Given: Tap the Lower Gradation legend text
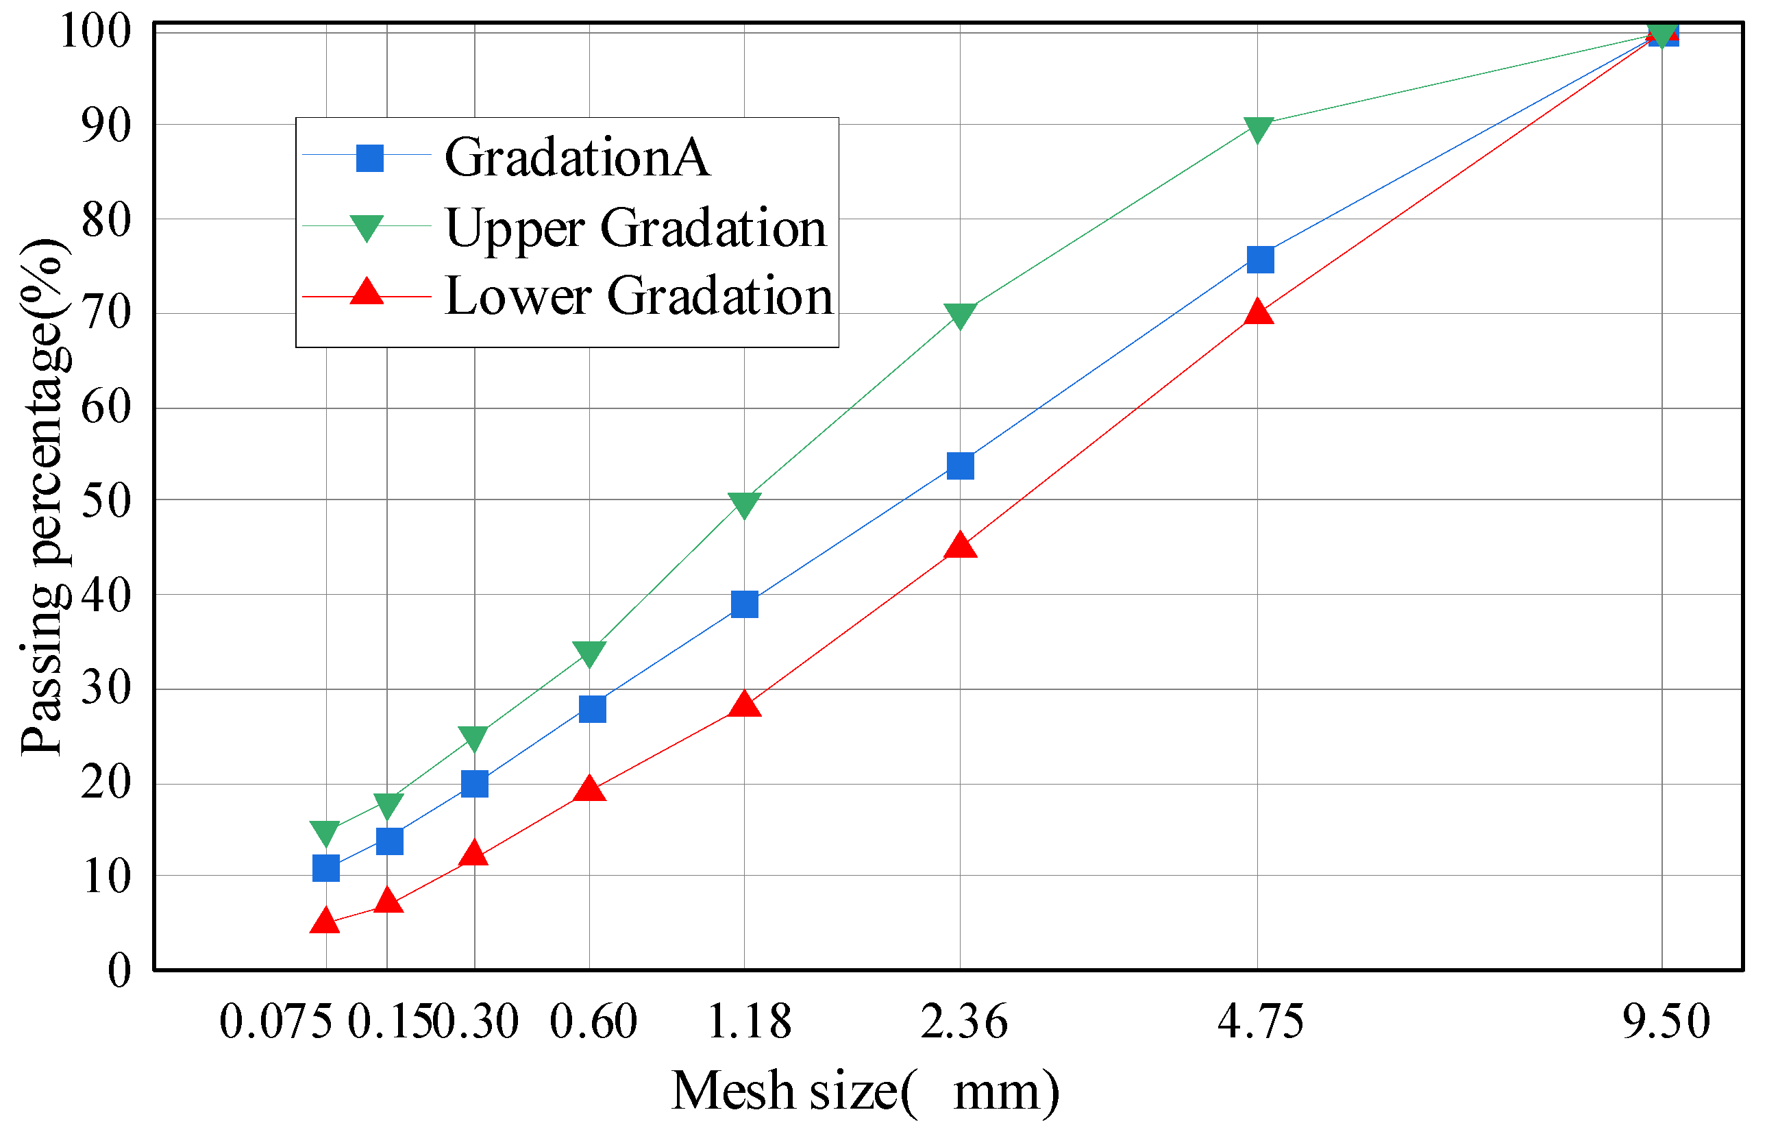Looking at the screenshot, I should [639, 296].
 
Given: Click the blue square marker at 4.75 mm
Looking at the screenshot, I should [1261, 259].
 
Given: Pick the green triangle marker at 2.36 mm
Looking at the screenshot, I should [959, 315].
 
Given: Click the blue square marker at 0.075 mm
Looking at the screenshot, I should [326, 869].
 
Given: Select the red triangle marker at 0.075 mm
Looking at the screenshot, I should [325, 921].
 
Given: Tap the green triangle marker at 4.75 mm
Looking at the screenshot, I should [1258, 130].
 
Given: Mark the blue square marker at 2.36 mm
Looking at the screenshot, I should [960, 466].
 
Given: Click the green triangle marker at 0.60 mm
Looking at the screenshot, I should [589, 652].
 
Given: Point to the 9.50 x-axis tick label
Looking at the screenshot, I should [1666, 1022].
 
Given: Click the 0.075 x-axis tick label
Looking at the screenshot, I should [276, 1022].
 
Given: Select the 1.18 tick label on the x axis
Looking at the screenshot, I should [749, 1022].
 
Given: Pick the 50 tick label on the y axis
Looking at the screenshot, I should [106, 502].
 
